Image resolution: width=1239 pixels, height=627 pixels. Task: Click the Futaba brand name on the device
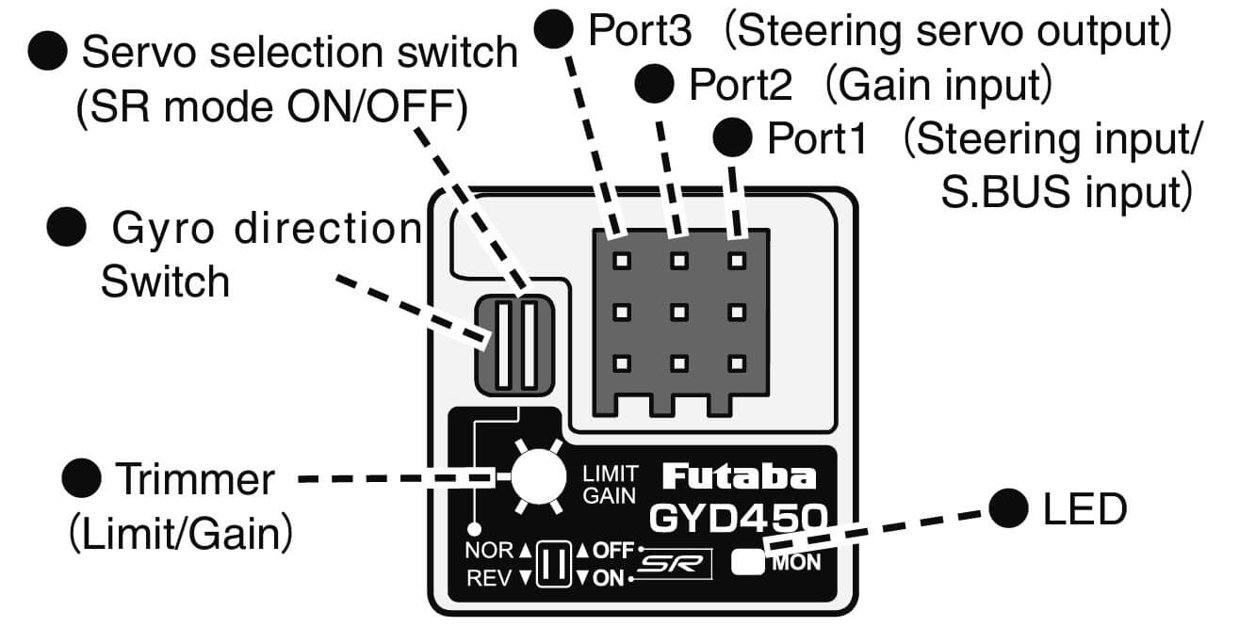(739, 477)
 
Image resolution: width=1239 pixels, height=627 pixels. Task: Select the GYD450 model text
(738, 517)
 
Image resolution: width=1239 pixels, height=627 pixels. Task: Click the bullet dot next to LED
(1009, 510)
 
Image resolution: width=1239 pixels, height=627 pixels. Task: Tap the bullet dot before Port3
(556, 30)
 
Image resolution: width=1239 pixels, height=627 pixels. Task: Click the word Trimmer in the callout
(194, 479)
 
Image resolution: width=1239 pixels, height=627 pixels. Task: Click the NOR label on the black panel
(487, 551)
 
